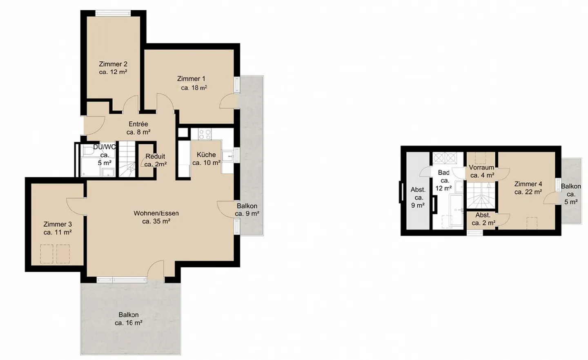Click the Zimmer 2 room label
coord(113,64)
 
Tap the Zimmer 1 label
coord(191,79)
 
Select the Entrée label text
coord(138,124)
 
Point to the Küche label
coord(206,155)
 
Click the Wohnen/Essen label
coord(156,213)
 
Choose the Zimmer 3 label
coord(58,224)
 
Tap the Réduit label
coord(156,157)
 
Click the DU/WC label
coord(105,147)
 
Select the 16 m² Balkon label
coord(129,315)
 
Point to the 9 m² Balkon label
coord(247,206)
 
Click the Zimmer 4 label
coord(528,184)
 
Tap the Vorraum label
coord(481,168)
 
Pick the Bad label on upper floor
coord(443,173)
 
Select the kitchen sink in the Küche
coord(228,156)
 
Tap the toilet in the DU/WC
coord(88,152)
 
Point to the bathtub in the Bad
coord(456,210)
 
